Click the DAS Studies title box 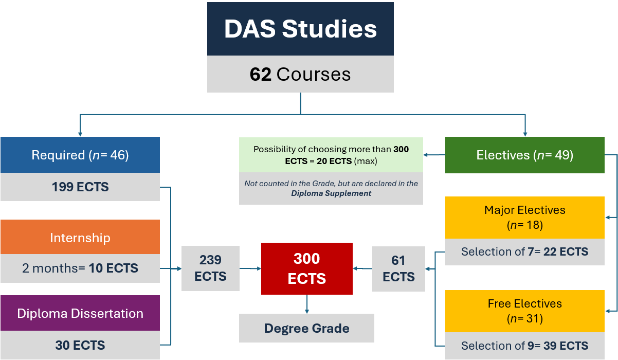tap(300, 29)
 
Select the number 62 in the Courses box tap(261, 74)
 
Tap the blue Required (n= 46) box tap(80, 155)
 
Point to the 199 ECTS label tap(80, 187)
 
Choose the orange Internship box tap(80, 237)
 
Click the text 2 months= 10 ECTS tap(80, 268)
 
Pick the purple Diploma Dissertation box tap(80, 313)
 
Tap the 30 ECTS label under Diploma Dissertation tap(80, 345)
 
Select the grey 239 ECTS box tap(210, 268)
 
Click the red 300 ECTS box tap(307, 268)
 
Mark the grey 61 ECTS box tap(398, 269)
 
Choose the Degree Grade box tap(306, 328)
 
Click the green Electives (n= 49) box tap(525, 155)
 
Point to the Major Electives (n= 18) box tap(525, 218)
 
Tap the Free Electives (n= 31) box tap(525, 311)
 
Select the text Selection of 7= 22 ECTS tap(525, 252)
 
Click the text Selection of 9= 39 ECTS tap(525, 346)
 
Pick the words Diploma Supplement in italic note tap(331, 193)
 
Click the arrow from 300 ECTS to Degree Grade tap(307, 304)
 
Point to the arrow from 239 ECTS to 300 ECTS tap(250, 268)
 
